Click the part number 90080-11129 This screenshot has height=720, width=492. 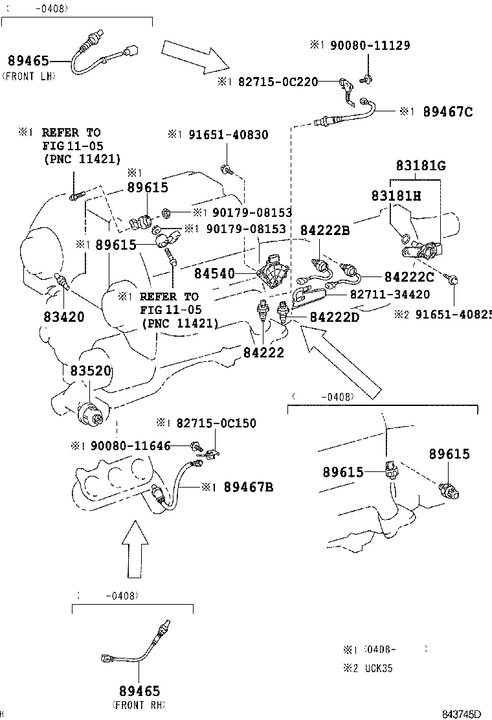369,45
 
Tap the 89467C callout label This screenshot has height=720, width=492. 447,111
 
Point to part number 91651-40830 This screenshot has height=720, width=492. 228,135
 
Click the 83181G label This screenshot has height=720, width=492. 421,166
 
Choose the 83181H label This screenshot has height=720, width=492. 396,196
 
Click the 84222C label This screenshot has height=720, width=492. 409,276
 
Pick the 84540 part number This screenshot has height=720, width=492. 214,275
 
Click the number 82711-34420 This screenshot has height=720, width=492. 390,294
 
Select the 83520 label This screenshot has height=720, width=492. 92,371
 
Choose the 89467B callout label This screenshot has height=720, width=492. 249,487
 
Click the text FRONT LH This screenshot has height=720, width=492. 29,76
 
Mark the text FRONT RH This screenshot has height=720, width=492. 139,704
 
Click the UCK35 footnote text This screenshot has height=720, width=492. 377,668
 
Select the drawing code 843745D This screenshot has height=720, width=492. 462,714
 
